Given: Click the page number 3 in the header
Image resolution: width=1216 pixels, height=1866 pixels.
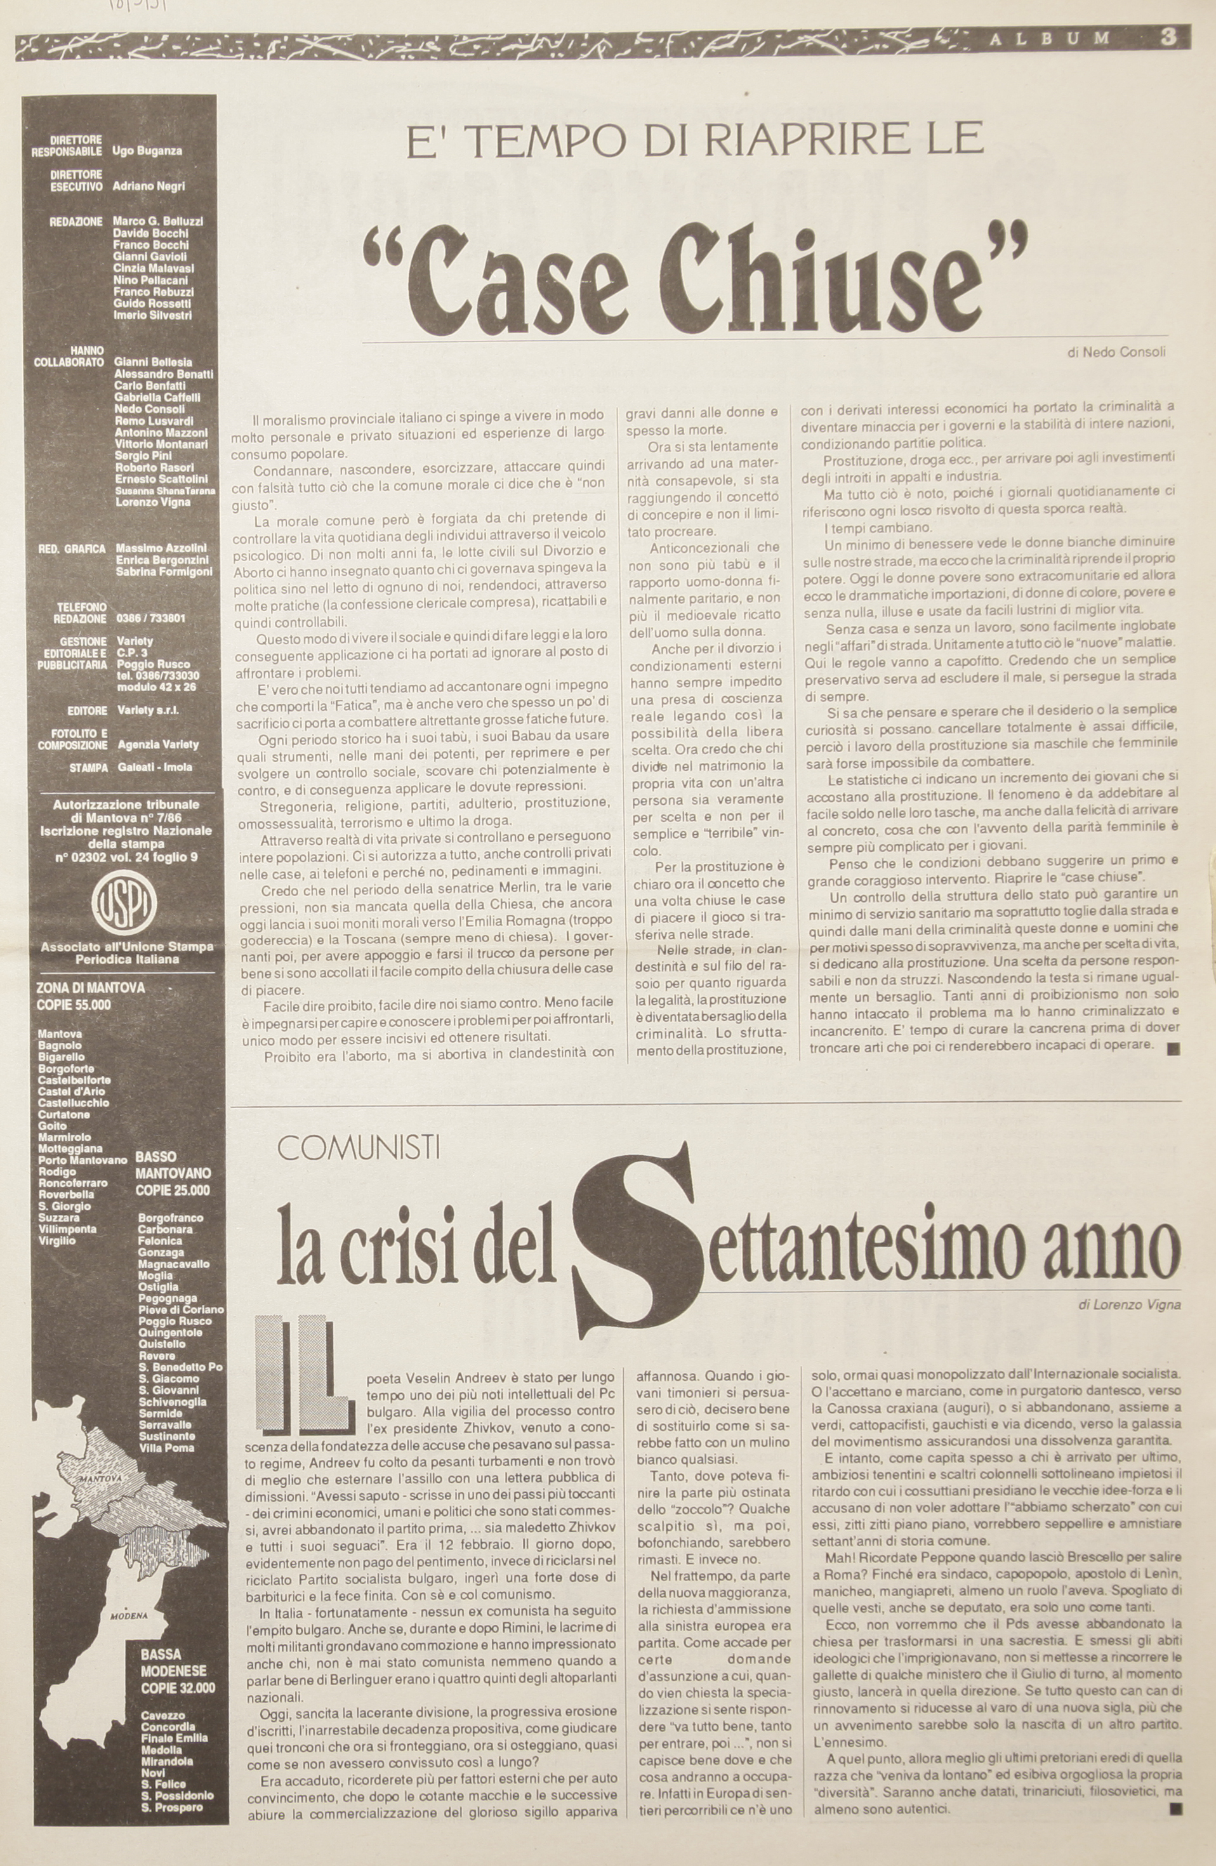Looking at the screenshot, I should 1168,37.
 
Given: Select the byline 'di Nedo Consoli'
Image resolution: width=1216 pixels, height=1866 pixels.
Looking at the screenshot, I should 1116,353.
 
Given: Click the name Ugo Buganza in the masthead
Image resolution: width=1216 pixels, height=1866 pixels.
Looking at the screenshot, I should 147,151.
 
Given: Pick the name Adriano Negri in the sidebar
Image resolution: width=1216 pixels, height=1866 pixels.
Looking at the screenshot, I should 149,187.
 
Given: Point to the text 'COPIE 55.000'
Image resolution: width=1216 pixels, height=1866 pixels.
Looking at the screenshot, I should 73,1006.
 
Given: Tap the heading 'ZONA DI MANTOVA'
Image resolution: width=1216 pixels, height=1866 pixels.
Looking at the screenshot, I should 90,989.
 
